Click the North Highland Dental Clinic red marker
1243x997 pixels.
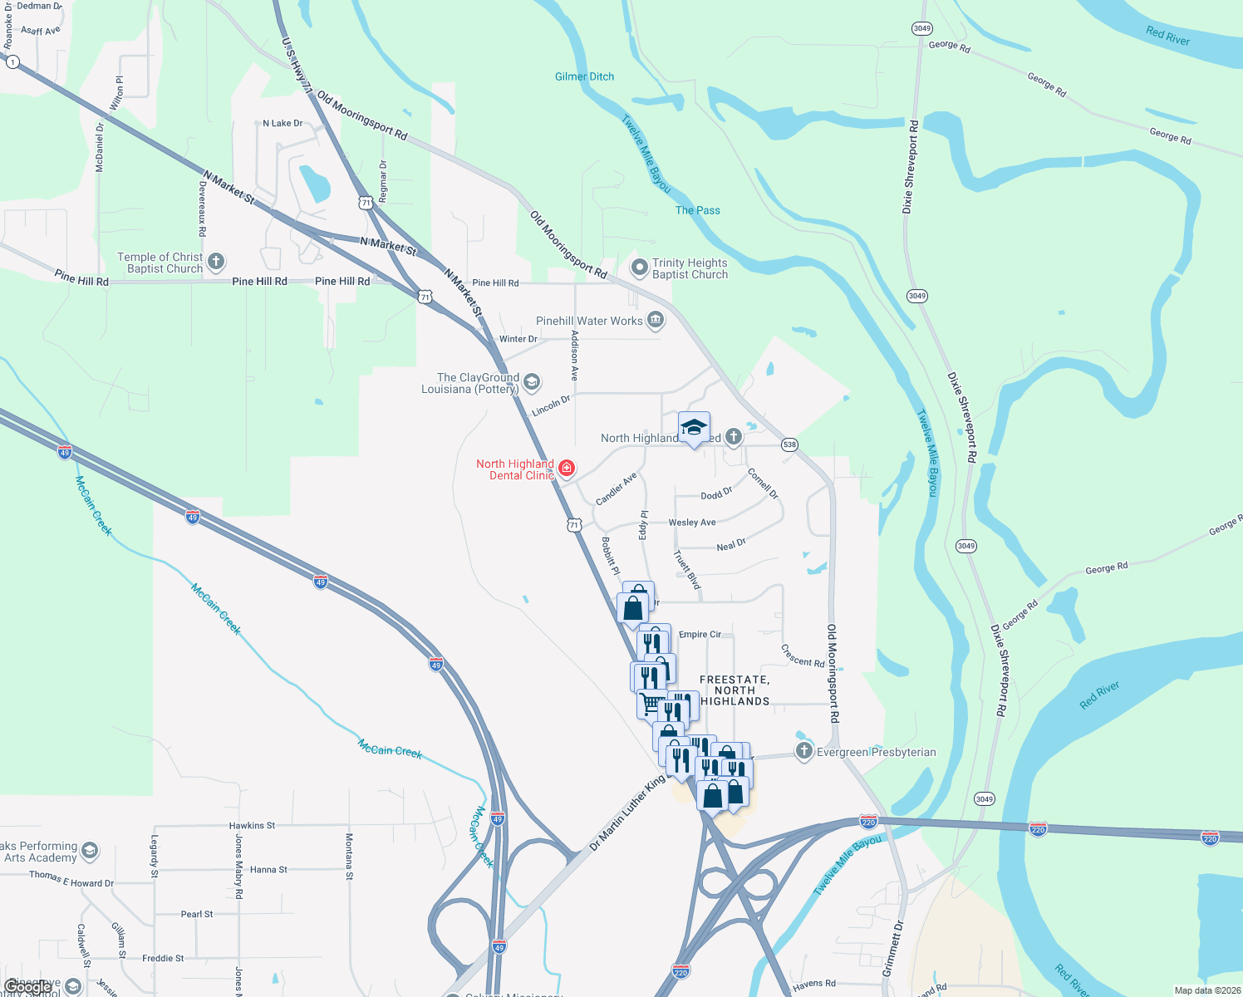[x=567, y=469]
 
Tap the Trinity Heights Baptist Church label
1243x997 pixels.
[x=690, y=268]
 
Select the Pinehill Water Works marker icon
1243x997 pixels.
[x=656, y=320]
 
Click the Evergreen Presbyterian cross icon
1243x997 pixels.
[x=803, y=752]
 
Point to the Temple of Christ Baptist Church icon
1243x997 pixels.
[x=216, y=263]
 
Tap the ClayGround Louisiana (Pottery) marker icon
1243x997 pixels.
[x=532, y=382]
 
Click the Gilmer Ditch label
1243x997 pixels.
[x=584, y=76]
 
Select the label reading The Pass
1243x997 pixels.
[x=697, y=210]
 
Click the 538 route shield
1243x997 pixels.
[x=789, y=444]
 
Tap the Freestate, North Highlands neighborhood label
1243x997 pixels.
[x=734, y=690]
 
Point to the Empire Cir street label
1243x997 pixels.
[x=700, y=635]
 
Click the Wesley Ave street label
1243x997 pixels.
[x=692, y=523]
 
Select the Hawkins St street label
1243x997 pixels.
[x=252, y=826]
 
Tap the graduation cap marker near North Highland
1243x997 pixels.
[x=694, y=428]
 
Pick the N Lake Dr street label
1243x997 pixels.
[x=282, y=124]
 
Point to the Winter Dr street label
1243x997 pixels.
[x=518, y=339]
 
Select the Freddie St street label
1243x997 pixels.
[x=163, y=958]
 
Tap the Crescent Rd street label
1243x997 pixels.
[x=803, y=656]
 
